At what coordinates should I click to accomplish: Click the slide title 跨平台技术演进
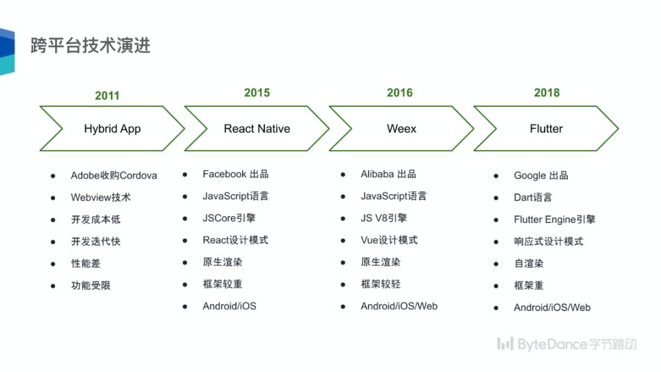(91, 45)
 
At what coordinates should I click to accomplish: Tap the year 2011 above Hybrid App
(107, 95)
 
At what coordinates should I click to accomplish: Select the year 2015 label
(257, 92)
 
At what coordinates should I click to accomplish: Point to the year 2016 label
(400, 92)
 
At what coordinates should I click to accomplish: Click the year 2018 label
(547, 92)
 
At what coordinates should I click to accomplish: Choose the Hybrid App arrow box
(112, 128)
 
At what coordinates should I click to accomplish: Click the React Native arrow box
(257, 128)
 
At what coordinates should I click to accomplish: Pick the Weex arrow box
(401, 128)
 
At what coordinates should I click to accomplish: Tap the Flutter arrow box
(546, 128)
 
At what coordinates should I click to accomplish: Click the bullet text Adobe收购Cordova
(114, 176)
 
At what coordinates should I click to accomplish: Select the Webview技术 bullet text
(100, 198)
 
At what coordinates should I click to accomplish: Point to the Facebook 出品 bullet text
(236, 174)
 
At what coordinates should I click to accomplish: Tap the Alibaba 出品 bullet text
(389, 174)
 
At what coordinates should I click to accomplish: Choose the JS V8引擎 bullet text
(384, 218)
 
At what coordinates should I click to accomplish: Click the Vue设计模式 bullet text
(389, 240)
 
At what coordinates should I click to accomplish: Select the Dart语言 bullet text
(532, 198)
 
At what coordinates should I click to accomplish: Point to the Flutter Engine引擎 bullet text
(555, 220)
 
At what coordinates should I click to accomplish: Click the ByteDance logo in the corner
(567, 344)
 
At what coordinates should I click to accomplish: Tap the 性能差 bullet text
(86, 264)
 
